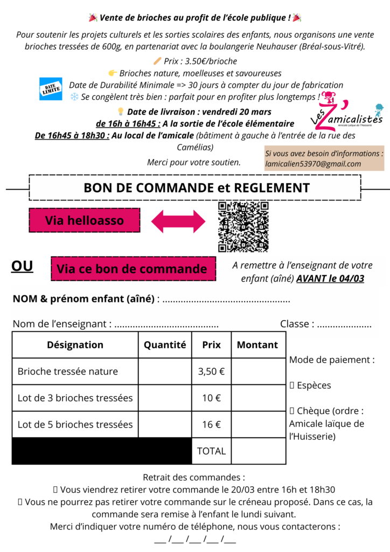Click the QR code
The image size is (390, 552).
pos(243,226)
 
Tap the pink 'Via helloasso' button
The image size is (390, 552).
pos(84,220)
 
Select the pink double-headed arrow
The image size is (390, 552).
pos(178,221)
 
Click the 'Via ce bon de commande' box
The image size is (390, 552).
pos(132,268)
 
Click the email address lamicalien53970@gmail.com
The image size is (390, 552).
pos(313,164)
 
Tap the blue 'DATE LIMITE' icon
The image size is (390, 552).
pos(52,89)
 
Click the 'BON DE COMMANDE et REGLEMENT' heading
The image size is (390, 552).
pos(196,188)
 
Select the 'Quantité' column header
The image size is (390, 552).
pos(165,345)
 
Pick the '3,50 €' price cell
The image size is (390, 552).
pos(211,371)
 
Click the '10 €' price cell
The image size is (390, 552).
pos(211,398)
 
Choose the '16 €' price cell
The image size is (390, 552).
pos(211,424)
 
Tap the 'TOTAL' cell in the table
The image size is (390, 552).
pos(211,451)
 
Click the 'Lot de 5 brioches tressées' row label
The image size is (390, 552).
pos(75,424)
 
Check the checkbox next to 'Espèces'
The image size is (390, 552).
pos(292,385)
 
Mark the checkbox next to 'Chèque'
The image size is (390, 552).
pos(292,411)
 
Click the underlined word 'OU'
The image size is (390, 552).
pos(22,266)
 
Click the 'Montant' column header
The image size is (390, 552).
pos(257,345)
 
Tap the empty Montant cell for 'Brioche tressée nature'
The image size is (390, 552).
pos(258,371)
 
